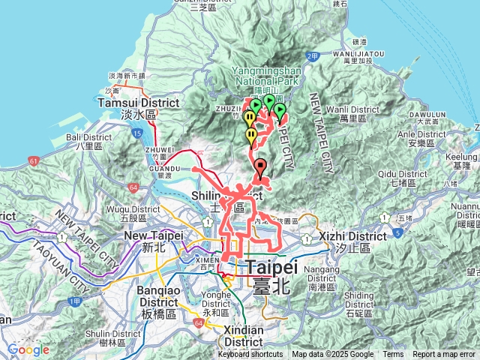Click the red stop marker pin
coord(260,167)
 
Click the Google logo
coord(28,349)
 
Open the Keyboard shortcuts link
coord(250,355)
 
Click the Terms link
coord(393,355)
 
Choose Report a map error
coord(444,355)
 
